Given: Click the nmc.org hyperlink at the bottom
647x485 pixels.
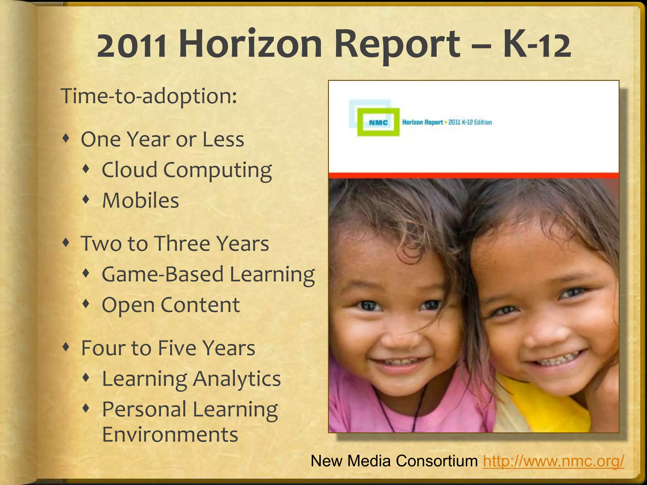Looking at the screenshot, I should tap(553, 461).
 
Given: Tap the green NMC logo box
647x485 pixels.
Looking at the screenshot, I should tap(378, 122).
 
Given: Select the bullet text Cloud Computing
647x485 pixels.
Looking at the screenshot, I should tap(187, 170).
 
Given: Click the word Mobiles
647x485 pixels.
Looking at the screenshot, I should tap(141, 201).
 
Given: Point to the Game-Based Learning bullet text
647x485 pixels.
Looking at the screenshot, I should tap(208, 274).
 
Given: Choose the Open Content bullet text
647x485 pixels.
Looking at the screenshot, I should tap(171, 305).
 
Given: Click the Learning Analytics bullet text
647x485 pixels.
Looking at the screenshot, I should tap(191, 379).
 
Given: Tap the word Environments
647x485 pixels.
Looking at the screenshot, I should tap(170, 434).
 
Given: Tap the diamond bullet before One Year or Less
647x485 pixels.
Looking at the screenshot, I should tap(66, 138).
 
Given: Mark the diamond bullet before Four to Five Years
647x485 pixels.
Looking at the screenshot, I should tap(66, 347).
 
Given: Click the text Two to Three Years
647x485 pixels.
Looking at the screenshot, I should tap(175, 243).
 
